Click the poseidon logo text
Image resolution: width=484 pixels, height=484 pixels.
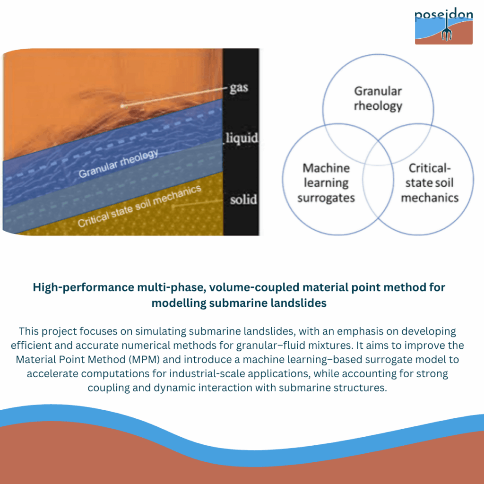tap(443, 15)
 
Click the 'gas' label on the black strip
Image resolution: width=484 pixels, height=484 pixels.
tap(239, 88)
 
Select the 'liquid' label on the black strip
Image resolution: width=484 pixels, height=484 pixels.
tap(242, 138)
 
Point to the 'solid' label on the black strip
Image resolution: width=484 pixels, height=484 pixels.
tap(243, 200)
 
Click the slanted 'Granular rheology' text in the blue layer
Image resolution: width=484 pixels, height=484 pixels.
tap(118, 164)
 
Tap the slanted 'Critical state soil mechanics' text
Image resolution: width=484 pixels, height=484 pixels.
tap(139, 206)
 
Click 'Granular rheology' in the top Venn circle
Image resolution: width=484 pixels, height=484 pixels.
tap(378, 98)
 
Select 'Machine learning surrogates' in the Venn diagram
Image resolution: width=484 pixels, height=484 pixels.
tap(326, 183)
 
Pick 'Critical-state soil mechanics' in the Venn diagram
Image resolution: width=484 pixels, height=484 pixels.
tap(430, 183)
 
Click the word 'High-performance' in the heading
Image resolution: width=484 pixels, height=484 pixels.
tap(83, 288)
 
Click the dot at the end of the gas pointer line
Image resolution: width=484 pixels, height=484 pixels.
tap(122, 106)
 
